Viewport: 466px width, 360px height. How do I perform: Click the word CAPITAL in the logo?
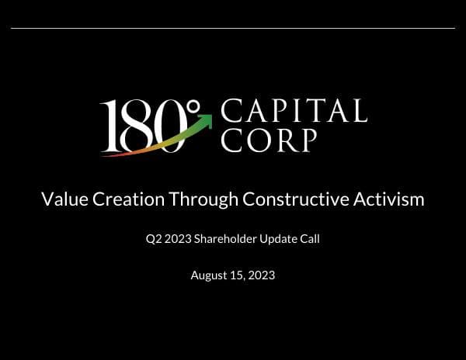tap(294, 111)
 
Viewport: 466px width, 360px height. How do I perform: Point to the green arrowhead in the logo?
tap(205, 119)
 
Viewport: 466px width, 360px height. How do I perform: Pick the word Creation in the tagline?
tap(128, 199)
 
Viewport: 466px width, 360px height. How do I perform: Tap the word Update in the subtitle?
tap(281, 239)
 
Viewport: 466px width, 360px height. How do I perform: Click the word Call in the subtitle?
tap(311, 239)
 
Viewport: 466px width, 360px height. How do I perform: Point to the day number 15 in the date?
tap(238, 275)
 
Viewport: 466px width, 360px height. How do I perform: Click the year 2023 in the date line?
tap(262, 275)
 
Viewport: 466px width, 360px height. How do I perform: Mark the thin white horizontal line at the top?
tap(233, 28)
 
